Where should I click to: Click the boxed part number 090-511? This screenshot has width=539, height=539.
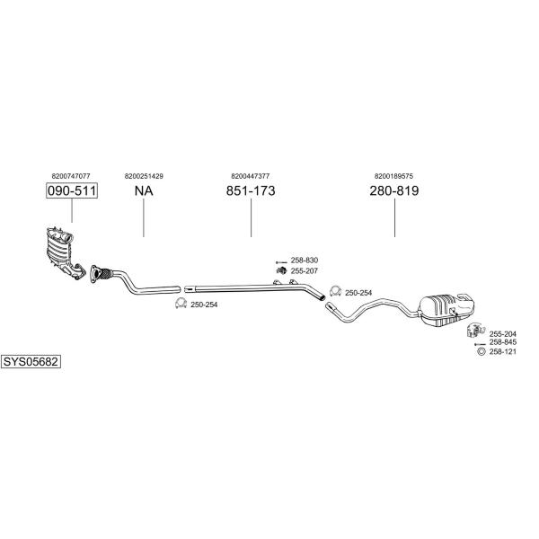pyautogui.click(x=72, y=190)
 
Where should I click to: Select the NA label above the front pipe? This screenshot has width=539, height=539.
pyautogui.click(x=144, y=190)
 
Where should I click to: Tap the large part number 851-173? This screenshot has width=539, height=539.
pyautogui.click(x=251, y=190)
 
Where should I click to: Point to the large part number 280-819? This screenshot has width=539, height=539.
pyautogui.click(x=394, y=190)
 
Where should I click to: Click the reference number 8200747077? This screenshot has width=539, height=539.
pyautogui.click(x=71, y=176)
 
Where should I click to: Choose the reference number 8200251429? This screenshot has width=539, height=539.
pyautogui.click(x=144, y=176)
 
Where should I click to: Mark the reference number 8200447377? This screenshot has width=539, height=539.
pyautogui.click(x=251, y=176)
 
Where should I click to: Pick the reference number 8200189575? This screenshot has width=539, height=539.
pyautogui.click(x=394, y=176)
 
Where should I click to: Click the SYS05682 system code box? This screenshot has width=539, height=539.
pyautogui.click(x=31, y=362)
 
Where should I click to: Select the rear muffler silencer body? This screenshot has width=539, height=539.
pyautogui.click(x=446, y=309)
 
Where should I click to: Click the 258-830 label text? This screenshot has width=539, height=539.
pyautogui.click(x=305, y=261)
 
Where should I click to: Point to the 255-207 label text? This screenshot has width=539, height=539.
pyautogui.click(x=305, y=271)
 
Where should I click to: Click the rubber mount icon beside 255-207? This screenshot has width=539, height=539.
pyautogui.click(x=281, y=270)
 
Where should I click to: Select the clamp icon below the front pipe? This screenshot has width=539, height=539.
pyautogui.click(x=181, y=304)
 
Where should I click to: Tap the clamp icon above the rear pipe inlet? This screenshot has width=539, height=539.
pyautogui.click(x=335, y=291)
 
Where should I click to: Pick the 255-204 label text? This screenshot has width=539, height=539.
pyautogui.click(x=502, y=334)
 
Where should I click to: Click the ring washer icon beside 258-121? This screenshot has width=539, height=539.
pyautogui.click(x=482, y=351)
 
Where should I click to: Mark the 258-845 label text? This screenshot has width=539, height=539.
pyautogui.click(x=502, y=342)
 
